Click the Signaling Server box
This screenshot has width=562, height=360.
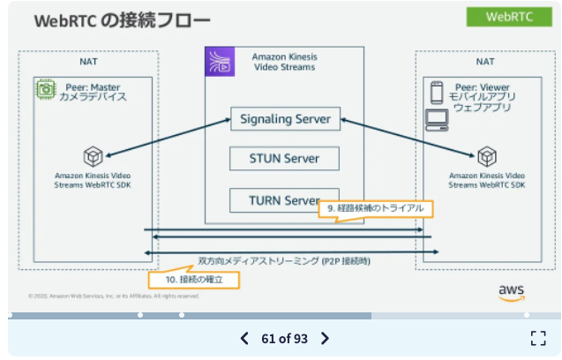pyautogui.click(x=285, y=119)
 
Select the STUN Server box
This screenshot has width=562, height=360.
pyautogui.click(x=285, y=160)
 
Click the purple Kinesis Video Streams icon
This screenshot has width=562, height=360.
pyautogui.click(x=218, y=63)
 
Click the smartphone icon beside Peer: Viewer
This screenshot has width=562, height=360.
pyautogui.click(x=436, y=91)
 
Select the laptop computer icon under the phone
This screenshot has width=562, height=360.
pyautogui.click(x=437, y=119)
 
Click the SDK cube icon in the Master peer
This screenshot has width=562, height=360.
pyautogui.click(x=93, y=156)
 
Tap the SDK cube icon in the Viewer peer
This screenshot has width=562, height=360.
pyautogui.click(x=486, y=156)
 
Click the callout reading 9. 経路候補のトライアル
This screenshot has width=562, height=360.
pyautogui.click(x=375, y=209)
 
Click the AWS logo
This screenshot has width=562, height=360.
pyautogui.click(x=511, y=291)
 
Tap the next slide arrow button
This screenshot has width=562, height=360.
pyautogui.click(x=325, y=338)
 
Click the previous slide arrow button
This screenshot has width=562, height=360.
pyautogui.click(x=245, y=338)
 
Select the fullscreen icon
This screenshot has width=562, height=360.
pyautogui.click(x=538, y=338)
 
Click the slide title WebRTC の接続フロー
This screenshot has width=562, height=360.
pyautogui.click(x=122, y=20)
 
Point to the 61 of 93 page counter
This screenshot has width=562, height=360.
pyautogui.click(x=284, y=338)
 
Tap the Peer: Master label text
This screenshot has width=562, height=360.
pyautogui.click(x=91, y=87)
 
